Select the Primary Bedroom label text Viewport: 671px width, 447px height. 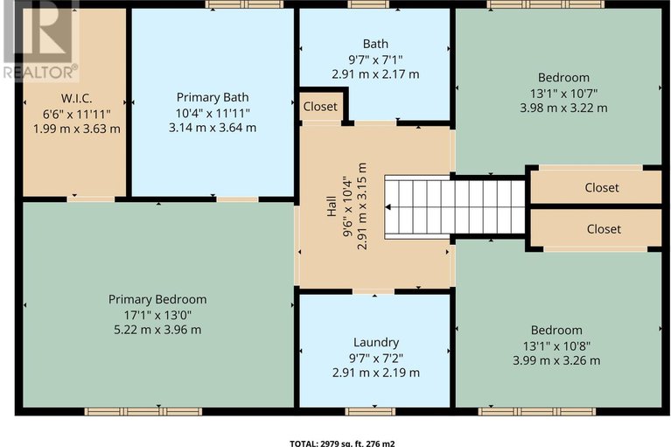157,299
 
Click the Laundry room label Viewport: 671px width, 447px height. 375,342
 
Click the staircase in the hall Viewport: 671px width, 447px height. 454,207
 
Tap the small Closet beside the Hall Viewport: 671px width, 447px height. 320,107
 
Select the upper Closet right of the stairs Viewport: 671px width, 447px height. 602,187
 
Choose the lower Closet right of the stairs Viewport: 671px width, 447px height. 603,229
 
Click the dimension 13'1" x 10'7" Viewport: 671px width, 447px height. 563,94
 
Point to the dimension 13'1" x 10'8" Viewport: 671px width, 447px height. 556,345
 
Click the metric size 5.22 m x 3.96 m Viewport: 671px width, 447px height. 157,330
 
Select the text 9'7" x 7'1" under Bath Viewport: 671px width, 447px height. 375,59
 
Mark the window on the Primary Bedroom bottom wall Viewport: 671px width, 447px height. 143,411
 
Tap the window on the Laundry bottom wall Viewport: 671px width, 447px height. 370,411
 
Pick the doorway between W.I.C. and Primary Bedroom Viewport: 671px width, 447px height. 90,199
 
